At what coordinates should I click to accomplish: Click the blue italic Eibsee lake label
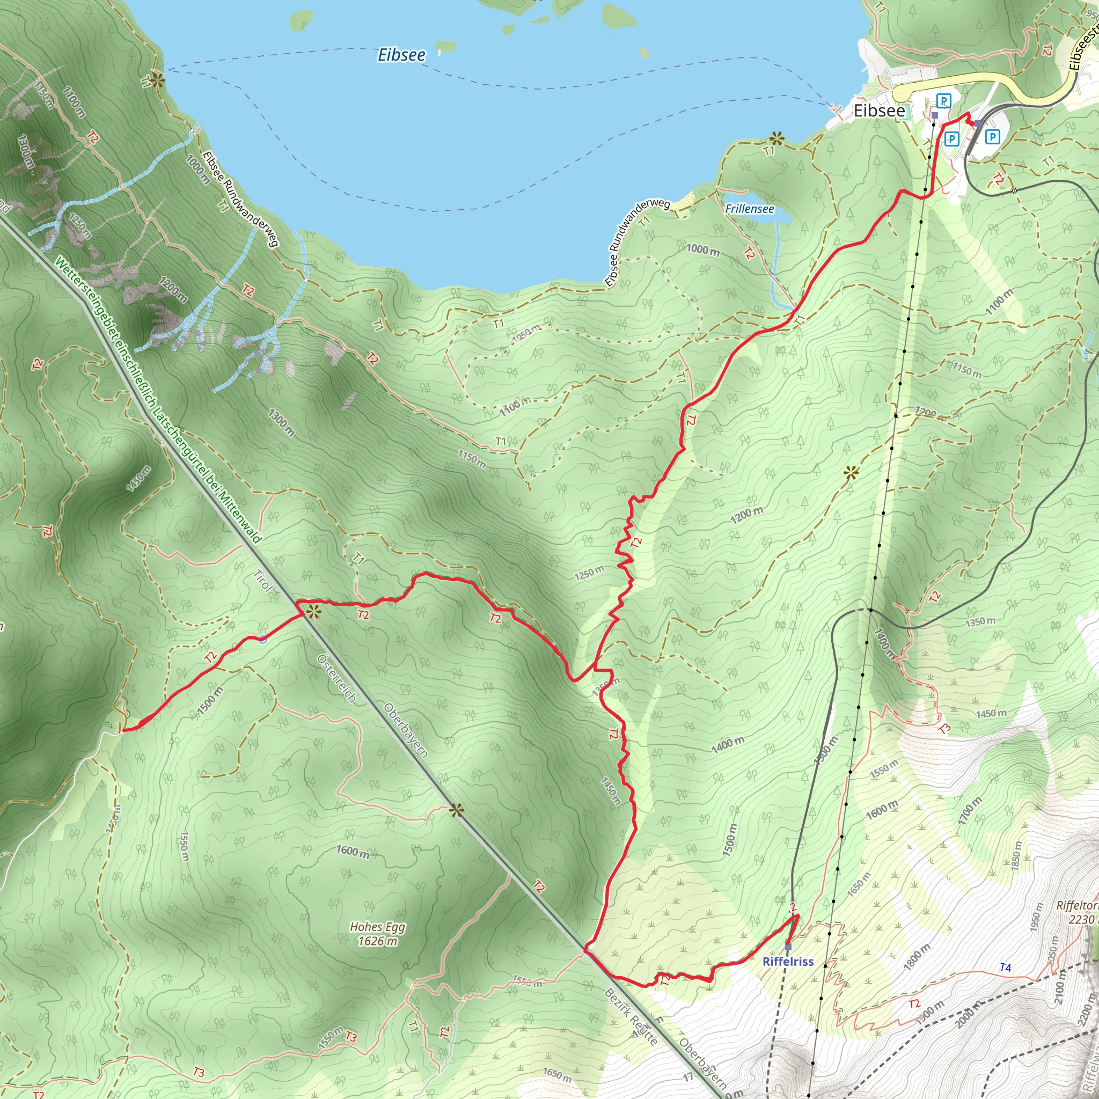[x=401, y=55]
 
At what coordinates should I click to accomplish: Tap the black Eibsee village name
[x=879, y=111]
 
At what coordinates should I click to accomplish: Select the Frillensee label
[x=749, y=209]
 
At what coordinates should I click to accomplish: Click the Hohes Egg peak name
[x=377, y=927]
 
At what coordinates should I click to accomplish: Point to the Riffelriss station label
[x=788, y=961]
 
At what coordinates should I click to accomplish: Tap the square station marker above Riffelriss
[x=788, y=947]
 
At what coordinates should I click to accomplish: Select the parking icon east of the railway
[x=992, y=136]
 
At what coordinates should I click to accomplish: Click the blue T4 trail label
[x=1005, y=968]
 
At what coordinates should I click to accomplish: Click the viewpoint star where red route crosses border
[x=313, y=612]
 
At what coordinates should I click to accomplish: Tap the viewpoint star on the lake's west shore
[x=158, y=79]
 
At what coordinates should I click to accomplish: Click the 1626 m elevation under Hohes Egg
[x=377, y=941]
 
